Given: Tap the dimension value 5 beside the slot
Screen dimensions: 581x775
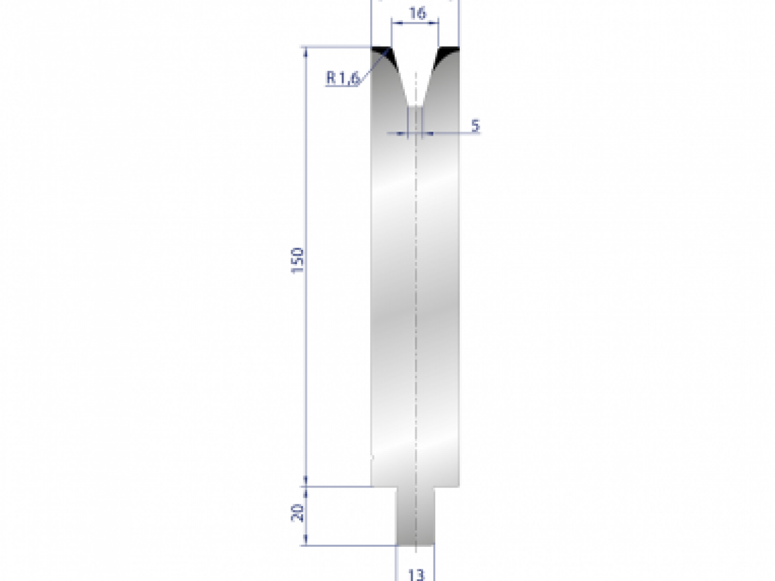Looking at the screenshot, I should click(475, 126).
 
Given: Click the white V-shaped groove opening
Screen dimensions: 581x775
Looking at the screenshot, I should click(415, 71).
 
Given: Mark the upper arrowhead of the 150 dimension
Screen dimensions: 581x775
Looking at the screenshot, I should click(306, 52).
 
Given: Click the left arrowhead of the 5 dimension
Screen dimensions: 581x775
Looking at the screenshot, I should click(405, 134).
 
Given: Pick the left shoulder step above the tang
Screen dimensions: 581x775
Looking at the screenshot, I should click(384, 486).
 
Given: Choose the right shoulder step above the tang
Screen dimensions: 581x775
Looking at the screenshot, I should click(447, 486).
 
